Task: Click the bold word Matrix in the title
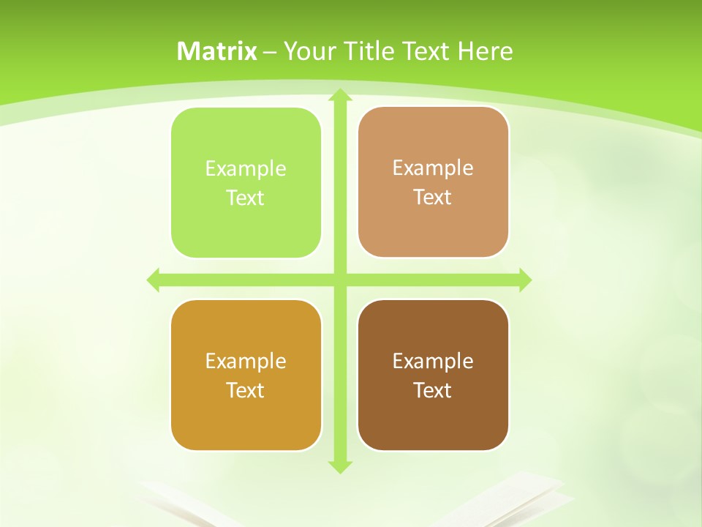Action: pyautogui.click(x=217, y=51)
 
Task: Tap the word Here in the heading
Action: pyautogui.click(x=485, y=51)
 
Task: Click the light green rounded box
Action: pyautogui.click(x=246, y=183)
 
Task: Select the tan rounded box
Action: pyautogui.click(x=433, y=182)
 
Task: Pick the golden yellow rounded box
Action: pyautogui.click(x=246, y=375)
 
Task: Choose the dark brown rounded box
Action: pyautogui.click(x=433, y=375)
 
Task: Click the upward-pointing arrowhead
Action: pyautogui.click(x=339, y=96)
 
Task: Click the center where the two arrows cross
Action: pyautogui.click(x=339, y=280)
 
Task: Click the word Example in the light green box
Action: pyautogui.click(x=246, y=169)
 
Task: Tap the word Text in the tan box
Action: pyautogui.click(x=433, y=198)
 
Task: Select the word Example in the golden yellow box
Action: pyautogui.click(x=246, y=362)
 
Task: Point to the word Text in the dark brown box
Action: pyautogui.click(x=433, y=391)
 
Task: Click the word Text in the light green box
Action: pyautogui.click(x=246, y=198)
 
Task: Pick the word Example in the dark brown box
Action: pyautogui.click(x=433, y=362)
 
